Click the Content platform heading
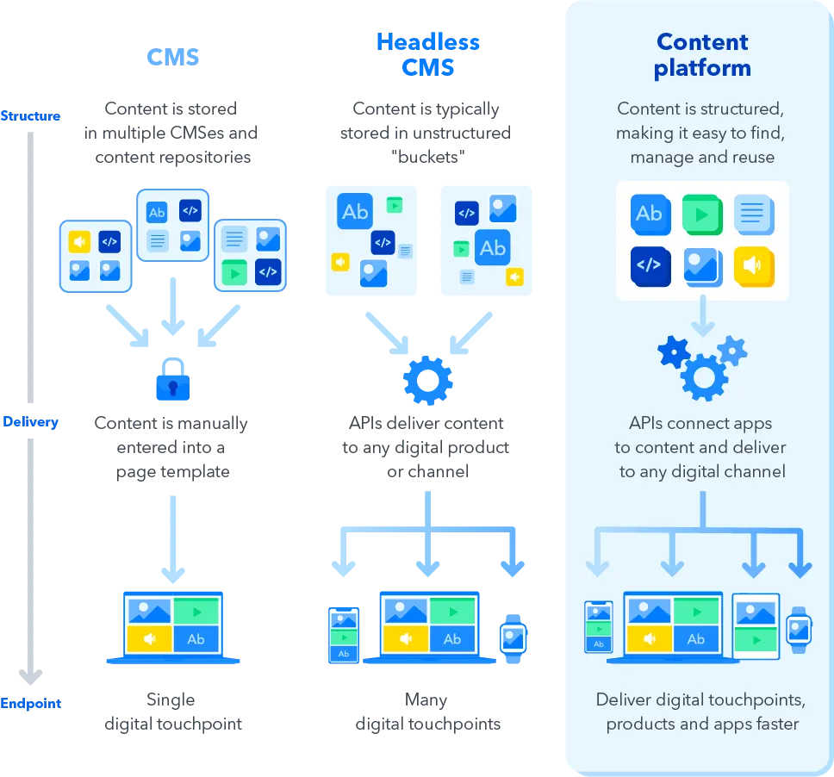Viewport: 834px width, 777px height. coord(701,55)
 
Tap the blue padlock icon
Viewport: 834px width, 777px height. coord(172,380)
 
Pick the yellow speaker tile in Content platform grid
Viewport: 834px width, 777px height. coord(754,267)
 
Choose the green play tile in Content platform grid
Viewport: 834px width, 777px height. coord(702,214)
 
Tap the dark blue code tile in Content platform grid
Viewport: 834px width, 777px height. coord(650,267)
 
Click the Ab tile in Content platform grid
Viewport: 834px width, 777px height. coord(650,214)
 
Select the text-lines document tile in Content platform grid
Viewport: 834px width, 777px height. coord(754,214)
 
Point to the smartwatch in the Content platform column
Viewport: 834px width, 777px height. coord(800,630)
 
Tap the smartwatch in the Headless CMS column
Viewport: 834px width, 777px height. coord(513,639)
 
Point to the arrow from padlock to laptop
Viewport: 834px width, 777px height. coord(172,534)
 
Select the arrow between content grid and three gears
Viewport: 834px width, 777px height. coord(702,316)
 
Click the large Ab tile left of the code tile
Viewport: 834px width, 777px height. coord(355,212)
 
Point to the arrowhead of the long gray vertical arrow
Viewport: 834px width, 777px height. coord(30,679)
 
